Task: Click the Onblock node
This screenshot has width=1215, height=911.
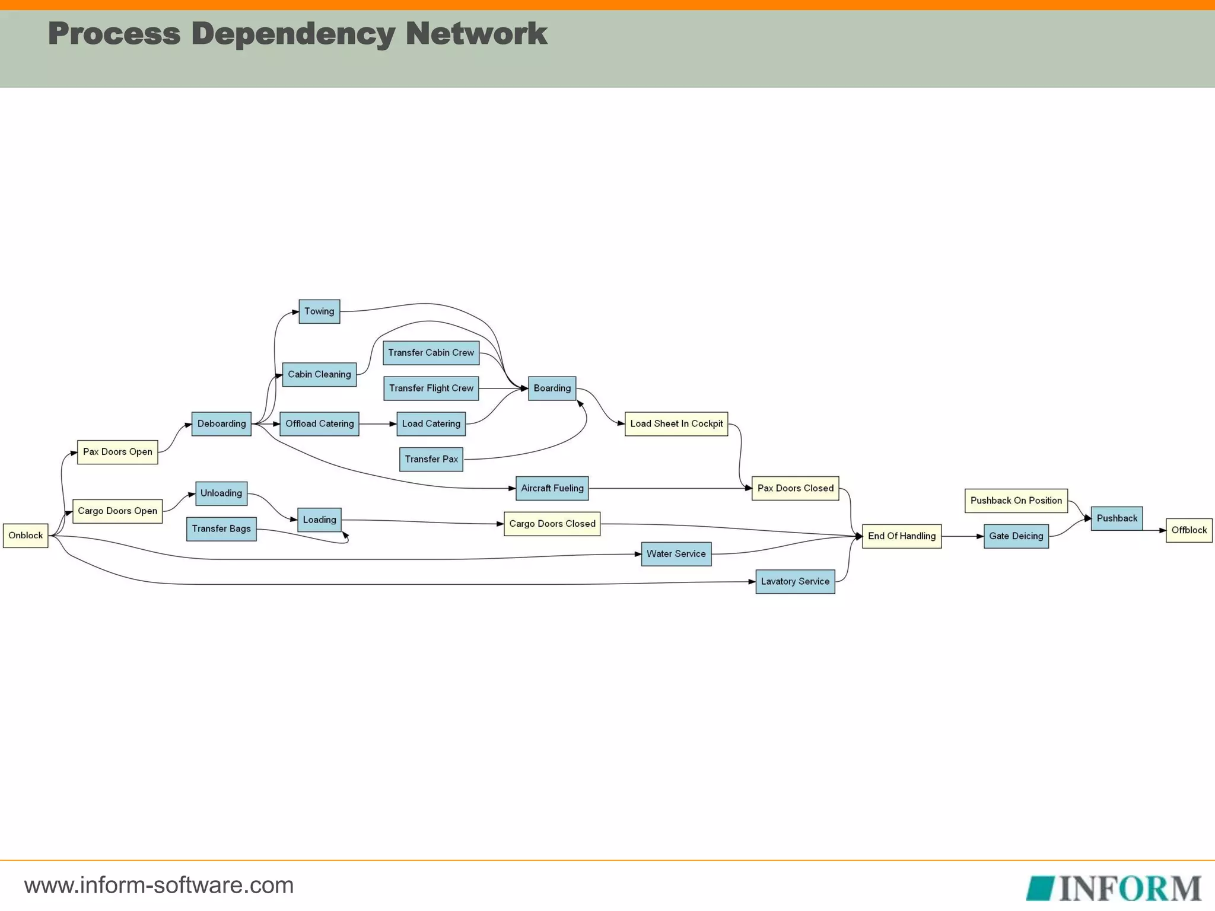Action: [x=26, y=536]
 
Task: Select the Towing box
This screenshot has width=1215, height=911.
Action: [x=319, y=311]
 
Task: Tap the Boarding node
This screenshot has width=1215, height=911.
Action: [x=552, y=388]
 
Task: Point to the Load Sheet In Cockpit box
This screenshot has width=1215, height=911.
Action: [x=676, y=424]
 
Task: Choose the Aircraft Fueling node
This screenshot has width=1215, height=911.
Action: [x=552, y=488]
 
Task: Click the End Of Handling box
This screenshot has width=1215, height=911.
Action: [x=901, y=536]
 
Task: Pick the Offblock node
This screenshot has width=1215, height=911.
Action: [x=1188, y=530]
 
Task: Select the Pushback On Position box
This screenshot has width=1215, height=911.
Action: [x=1016, y=501]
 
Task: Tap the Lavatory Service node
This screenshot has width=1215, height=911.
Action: [x=795, y=582]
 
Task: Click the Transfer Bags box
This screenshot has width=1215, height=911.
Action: [x=221, y=529]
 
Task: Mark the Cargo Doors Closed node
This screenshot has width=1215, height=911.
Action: [x=552, y=524]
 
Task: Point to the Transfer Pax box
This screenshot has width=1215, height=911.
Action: [x=431, y=459]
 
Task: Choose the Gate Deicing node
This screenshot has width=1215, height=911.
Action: [x=1016, y=536]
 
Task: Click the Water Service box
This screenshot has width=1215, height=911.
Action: [x=676, y=554]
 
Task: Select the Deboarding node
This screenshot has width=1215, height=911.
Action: [x=221, y=424]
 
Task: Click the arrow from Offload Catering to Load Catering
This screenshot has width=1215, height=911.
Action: [x=378, y=424]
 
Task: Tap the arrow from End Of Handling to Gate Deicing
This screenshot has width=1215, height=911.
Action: [x=962, y=536]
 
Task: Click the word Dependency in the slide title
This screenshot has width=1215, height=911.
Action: [x=292, y=34]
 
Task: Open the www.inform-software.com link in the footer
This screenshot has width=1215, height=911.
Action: [x=159, y=885]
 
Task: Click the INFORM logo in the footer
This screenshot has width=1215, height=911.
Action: [x=1114, y=888]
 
